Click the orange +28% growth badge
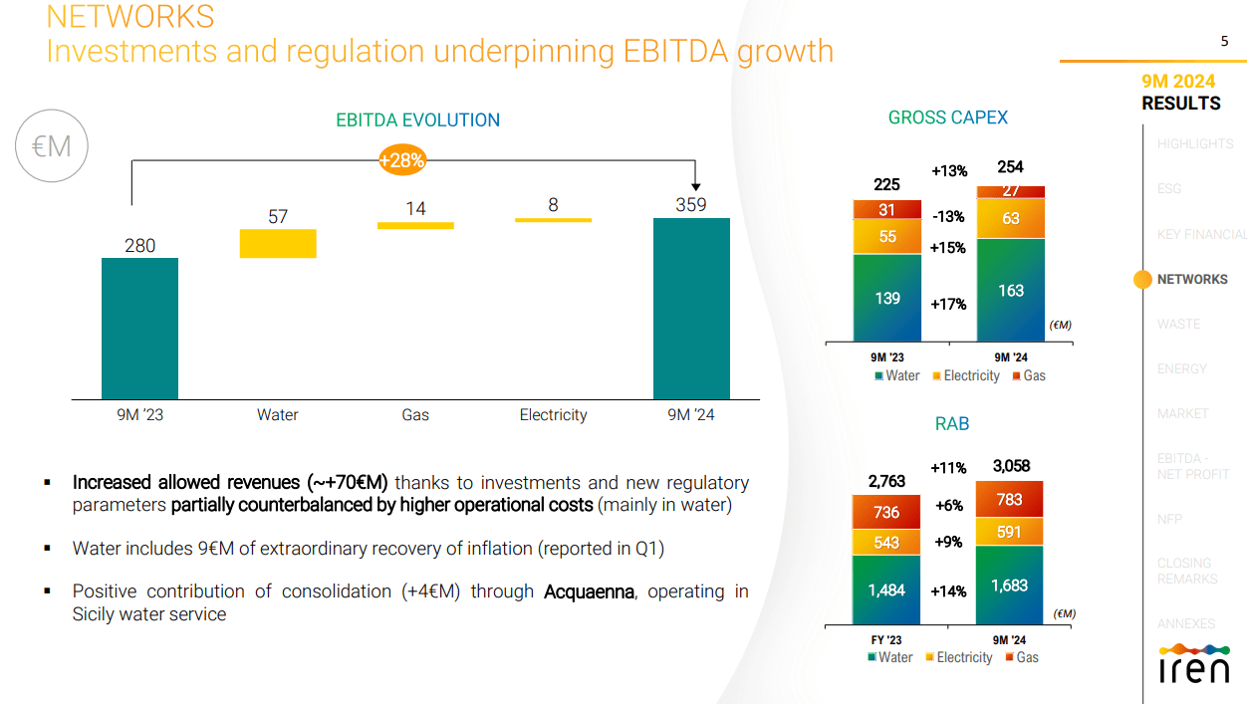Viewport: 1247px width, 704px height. [x=402, y=159]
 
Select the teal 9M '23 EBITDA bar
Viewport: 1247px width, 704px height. [x=139, y=328]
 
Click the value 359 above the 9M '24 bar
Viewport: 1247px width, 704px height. [x=690, y=205]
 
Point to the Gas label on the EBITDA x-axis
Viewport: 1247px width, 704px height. [x=415, y=415]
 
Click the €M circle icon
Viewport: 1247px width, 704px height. [x=52, y=146]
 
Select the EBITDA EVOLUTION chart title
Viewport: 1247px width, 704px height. [x=417, y=120]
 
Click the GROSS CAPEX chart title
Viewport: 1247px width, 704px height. [x=947, y=117]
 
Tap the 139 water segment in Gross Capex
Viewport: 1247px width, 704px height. [x=887, y=298]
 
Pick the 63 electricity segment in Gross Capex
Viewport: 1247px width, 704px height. [x=1011, y=218]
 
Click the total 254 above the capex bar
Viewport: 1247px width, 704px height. [x=1010, y=167]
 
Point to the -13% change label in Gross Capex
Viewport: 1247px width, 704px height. [x=948, y=217]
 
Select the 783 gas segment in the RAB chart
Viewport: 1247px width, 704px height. [x=1009, y=499]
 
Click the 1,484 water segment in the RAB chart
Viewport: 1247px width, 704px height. [x=886, y=589]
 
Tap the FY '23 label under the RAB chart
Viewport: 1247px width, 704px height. [x=886, y=640]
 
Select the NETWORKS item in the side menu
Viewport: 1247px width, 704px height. [x=1191, y=280]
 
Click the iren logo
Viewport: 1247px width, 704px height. [x=1193, y=664]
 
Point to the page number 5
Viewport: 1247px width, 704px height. [x=1224, y=41]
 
